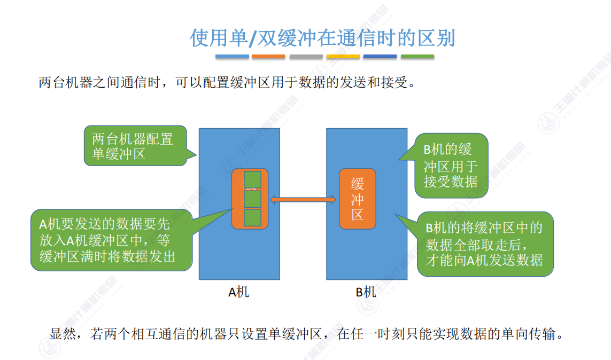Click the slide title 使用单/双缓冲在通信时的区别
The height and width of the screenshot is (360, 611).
click(322, 38)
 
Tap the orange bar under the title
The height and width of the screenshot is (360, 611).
click(268, 56)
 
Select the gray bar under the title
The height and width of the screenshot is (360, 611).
click(306, 56)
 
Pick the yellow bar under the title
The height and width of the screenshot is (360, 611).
click(343, 56)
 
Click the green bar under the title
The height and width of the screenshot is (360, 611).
click(417, 56)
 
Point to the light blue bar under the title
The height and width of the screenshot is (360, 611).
click(232, 56)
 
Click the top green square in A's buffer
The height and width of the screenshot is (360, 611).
click(252, 180)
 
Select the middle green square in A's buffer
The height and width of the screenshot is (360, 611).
click(252, 199)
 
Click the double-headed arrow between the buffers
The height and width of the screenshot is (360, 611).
click(303, 200)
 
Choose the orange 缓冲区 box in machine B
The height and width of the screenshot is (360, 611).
click(358, 199)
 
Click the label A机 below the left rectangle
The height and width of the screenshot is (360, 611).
click(239, 292)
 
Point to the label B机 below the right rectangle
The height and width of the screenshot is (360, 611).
click(366, 292)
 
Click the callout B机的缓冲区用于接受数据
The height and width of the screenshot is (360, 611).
click(451, 165)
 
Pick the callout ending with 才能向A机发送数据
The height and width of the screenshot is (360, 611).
click(484, 244)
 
